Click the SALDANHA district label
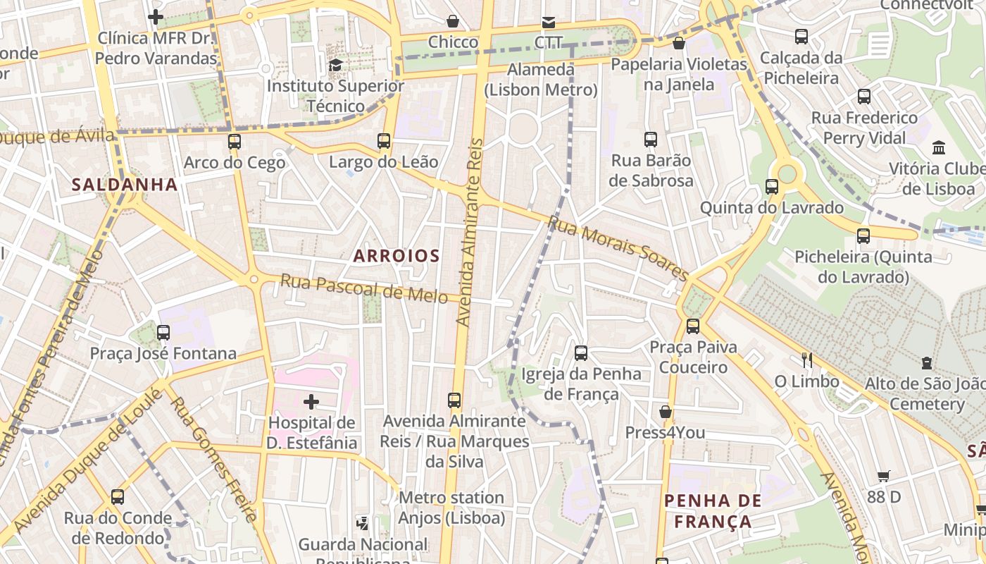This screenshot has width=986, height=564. click(x=125, y=185)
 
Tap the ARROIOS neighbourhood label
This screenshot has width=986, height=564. click(x=397, y=256)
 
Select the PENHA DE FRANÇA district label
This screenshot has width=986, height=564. click(x=713, y=511)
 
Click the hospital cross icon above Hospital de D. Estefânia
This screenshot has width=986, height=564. click(x=311, y=402)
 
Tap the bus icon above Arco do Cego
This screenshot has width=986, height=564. click(x=235, y=142)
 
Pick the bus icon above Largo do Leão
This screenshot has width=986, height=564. click(x=384, y=141)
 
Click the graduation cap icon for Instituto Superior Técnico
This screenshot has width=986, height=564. click(x=335, y=66)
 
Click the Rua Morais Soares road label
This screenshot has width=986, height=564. click(x=618, y=248)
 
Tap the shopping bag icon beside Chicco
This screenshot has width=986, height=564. click(x=453, y=22)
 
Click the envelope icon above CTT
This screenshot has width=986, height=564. click(x=548, y=23)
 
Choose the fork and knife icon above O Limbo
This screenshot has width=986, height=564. click(x=807, y=360)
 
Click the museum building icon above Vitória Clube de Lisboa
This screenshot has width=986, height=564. click(x=939, y=148)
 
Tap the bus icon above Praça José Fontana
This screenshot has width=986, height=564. click(x=163, y=332)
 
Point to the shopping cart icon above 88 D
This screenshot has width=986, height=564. click(x=884, y=477)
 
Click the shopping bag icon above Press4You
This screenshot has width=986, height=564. click(x=665, y=412)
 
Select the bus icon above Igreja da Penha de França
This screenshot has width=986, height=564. click(x=581, y=353)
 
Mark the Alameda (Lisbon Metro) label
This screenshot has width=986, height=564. click(x=541, y=80)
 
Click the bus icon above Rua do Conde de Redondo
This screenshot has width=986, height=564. click(x=118, y=497)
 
